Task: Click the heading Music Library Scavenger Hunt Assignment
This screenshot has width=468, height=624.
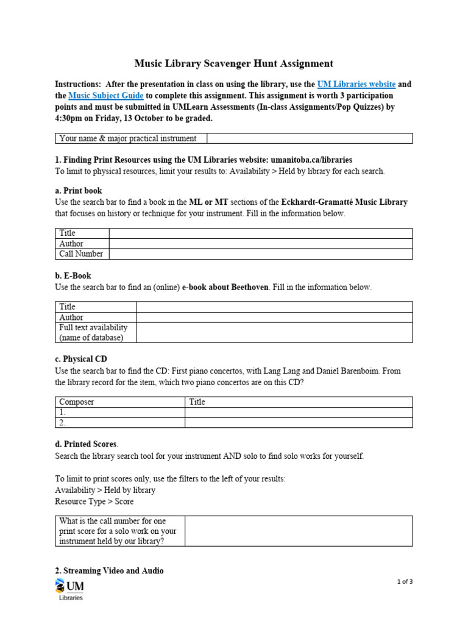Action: click(x=233, y=63)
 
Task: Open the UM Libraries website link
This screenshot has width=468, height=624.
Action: click(x=356, y=84)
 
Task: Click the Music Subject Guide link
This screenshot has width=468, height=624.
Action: click(x=106, y=96)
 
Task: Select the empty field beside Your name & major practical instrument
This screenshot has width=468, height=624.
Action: click(x=310, y=139)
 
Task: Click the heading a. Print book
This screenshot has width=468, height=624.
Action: click(x=79, y=191)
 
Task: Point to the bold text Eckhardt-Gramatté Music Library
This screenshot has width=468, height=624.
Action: click(x=344, y=202)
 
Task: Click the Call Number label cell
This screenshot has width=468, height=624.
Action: click(x=82, y=254)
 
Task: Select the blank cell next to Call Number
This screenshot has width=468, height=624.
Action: click(x=260, y=254)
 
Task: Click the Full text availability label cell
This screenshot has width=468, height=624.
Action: click(x=95, y=333)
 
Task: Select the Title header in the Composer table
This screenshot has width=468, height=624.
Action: click(x=197, y=402)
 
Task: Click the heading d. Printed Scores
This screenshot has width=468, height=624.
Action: click(x=87, y=444)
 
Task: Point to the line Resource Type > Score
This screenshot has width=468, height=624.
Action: click(x=94, y=502)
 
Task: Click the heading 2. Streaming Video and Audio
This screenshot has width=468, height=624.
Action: click(x=109, y=571)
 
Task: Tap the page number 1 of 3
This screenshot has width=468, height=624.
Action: click(x=404, y=581)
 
